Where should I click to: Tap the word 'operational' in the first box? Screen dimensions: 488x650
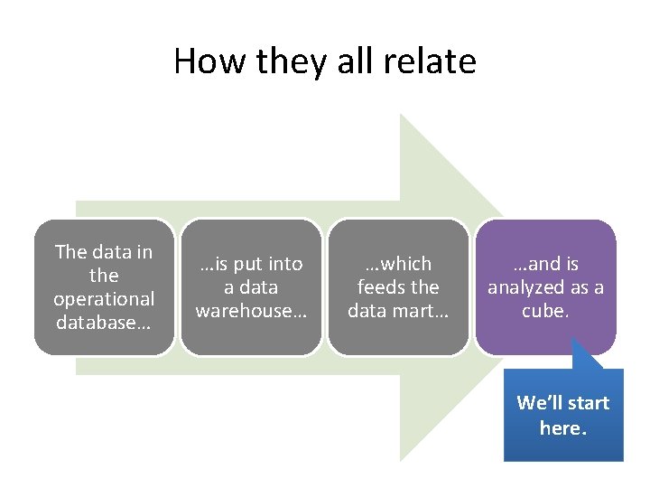pyautogui.click(x=104, y=298)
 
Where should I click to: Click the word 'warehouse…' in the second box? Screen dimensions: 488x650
pyautogui.click(x=251, y=311)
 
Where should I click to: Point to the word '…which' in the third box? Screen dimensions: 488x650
pyautogui.click(x=398, y=264)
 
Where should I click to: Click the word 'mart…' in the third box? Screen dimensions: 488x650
pyautogui.click(x=421, y=311)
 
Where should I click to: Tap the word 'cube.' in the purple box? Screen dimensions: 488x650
pyautogui.click(x=545, y=311)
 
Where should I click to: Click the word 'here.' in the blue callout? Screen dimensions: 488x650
pyautogui.click(x=563, y=427)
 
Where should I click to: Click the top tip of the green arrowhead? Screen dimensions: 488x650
pyautogui.click(x=402, y=116)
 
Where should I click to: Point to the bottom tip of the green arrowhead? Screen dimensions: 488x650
pyautogui.click(x=402, y=459)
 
